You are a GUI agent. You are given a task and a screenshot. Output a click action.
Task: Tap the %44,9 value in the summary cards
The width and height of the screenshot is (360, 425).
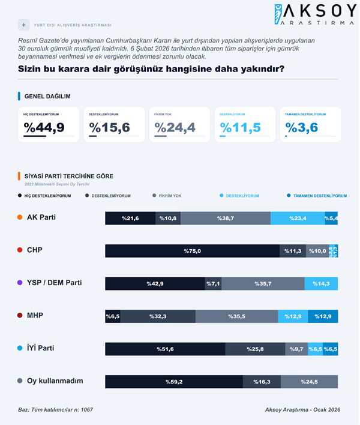(44, 127)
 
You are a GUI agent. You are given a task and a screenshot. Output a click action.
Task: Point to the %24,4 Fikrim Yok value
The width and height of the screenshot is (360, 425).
(175, 127)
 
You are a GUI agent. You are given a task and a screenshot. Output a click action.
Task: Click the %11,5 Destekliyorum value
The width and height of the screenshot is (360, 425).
(240, 127)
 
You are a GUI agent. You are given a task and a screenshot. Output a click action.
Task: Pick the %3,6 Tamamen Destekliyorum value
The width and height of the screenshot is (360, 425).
(302, 127)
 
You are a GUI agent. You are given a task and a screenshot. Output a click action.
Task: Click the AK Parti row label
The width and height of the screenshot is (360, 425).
(41, 217)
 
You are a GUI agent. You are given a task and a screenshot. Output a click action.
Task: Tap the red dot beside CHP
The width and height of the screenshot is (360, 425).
(21, 250)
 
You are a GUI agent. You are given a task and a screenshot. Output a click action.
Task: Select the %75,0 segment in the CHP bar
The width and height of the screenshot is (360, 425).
(192, 251)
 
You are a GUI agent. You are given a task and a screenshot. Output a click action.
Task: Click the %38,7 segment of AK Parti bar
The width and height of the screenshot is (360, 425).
(225, 219)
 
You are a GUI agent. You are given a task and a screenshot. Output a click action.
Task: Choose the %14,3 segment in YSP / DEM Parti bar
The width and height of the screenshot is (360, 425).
(321, 283)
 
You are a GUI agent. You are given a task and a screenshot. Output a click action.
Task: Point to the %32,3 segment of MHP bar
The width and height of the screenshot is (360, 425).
(158, 316)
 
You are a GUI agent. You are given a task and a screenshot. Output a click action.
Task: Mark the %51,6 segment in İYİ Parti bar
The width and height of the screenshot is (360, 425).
(165, 349)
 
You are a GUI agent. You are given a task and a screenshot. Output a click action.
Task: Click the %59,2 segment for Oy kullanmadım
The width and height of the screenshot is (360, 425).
(174, 381)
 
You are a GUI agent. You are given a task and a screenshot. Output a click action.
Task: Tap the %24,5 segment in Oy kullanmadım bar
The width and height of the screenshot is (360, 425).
(309, 381)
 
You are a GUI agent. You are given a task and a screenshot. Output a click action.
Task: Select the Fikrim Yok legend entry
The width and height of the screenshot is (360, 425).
(170, 196)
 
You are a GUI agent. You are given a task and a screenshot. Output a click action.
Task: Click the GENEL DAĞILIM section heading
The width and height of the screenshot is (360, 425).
(47, 96)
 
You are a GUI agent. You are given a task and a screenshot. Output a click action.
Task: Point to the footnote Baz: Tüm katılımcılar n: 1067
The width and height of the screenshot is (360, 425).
(55, 409)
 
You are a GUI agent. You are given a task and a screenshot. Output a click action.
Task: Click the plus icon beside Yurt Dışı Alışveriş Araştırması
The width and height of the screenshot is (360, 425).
(24, 25)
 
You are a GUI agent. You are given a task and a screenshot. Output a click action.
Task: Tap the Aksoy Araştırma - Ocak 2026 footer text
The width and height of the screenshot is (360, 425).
(302, 409)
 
